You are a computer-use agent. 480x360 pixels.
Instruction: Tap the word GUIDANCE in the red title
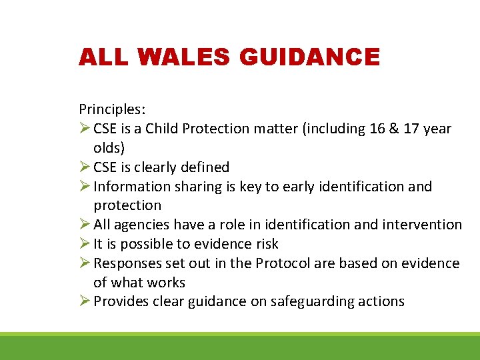[x=309, y=57]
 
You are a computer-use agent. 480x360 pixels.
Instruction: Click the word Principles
[x=111, y=109]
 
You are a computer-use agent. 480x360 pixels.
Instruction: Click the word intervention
[x=423, y=225]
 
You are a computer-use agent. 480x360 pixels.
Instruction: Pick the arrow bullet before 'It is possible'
[x=85, y=244]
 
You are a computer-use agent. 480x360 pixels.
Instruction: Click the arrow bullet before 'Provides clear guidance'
[x=85, y=301]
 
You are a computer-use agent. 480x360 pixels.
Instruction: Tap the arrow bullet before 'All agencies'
[x=85, y=225]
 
